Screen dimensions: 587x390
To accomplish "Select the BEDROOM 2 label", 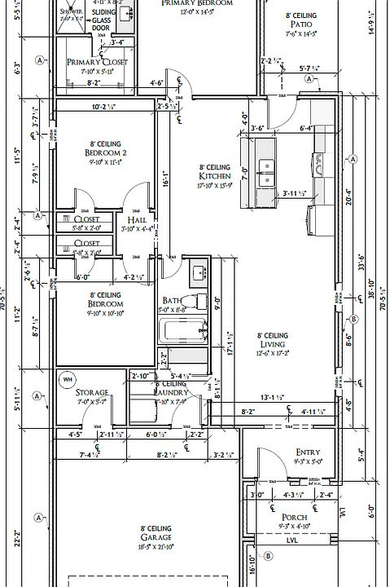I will [104, 152].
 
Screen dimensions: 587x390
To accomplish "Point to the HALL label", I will [136, 220].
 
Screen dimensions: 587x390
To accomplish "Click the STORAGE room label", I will [92, 393].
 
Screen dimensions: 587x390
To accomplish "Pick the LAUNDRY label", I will [171, 393].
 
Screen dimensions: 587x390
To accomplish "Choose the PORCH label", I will [294, 518].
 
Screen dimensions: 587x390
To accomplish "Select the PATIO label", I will [300, 25].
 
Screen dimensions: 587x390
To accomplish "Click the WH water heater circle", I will [68, 378].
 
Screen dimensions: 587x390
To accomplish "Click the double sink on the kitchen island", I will [266, 173].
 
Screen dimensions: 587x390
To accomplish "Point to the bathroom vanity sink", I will [198, 271].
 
